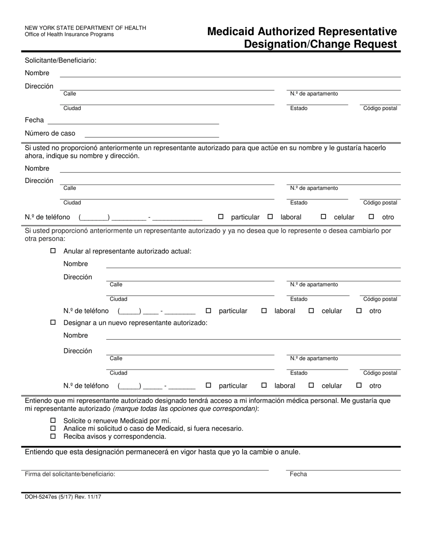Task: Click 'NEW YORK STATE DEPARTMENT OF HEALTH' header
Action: pos(85,28)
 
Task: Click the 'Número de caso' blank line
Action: pos(151,134)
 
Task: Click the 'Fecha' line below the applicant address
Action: pos(133,121)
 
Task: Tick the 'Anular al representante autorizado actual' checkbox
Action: pos(53,251)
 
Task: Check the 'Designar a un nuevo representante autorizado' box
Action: pos(53,322)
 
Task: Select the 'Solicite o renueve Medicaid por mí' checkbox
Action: pos(53,421)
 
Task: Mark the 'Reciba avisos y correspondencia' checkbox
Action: pos(53,436)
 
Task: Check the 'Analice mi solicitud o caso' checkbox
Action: pos(53,428)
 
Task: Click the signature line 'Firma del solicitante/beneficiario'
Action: pos(147,467)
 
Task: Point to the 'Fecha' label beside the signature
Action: pos(298,474)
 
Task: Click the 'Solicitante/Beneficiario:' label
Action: pos(60,60)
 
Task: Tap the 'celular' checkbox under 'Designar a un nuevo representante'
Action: pos(311,386)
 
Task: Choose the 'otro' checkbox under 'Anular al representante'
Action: pos(359,311)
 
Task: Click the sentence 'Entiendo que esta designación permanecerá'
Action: pos(163,452)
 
